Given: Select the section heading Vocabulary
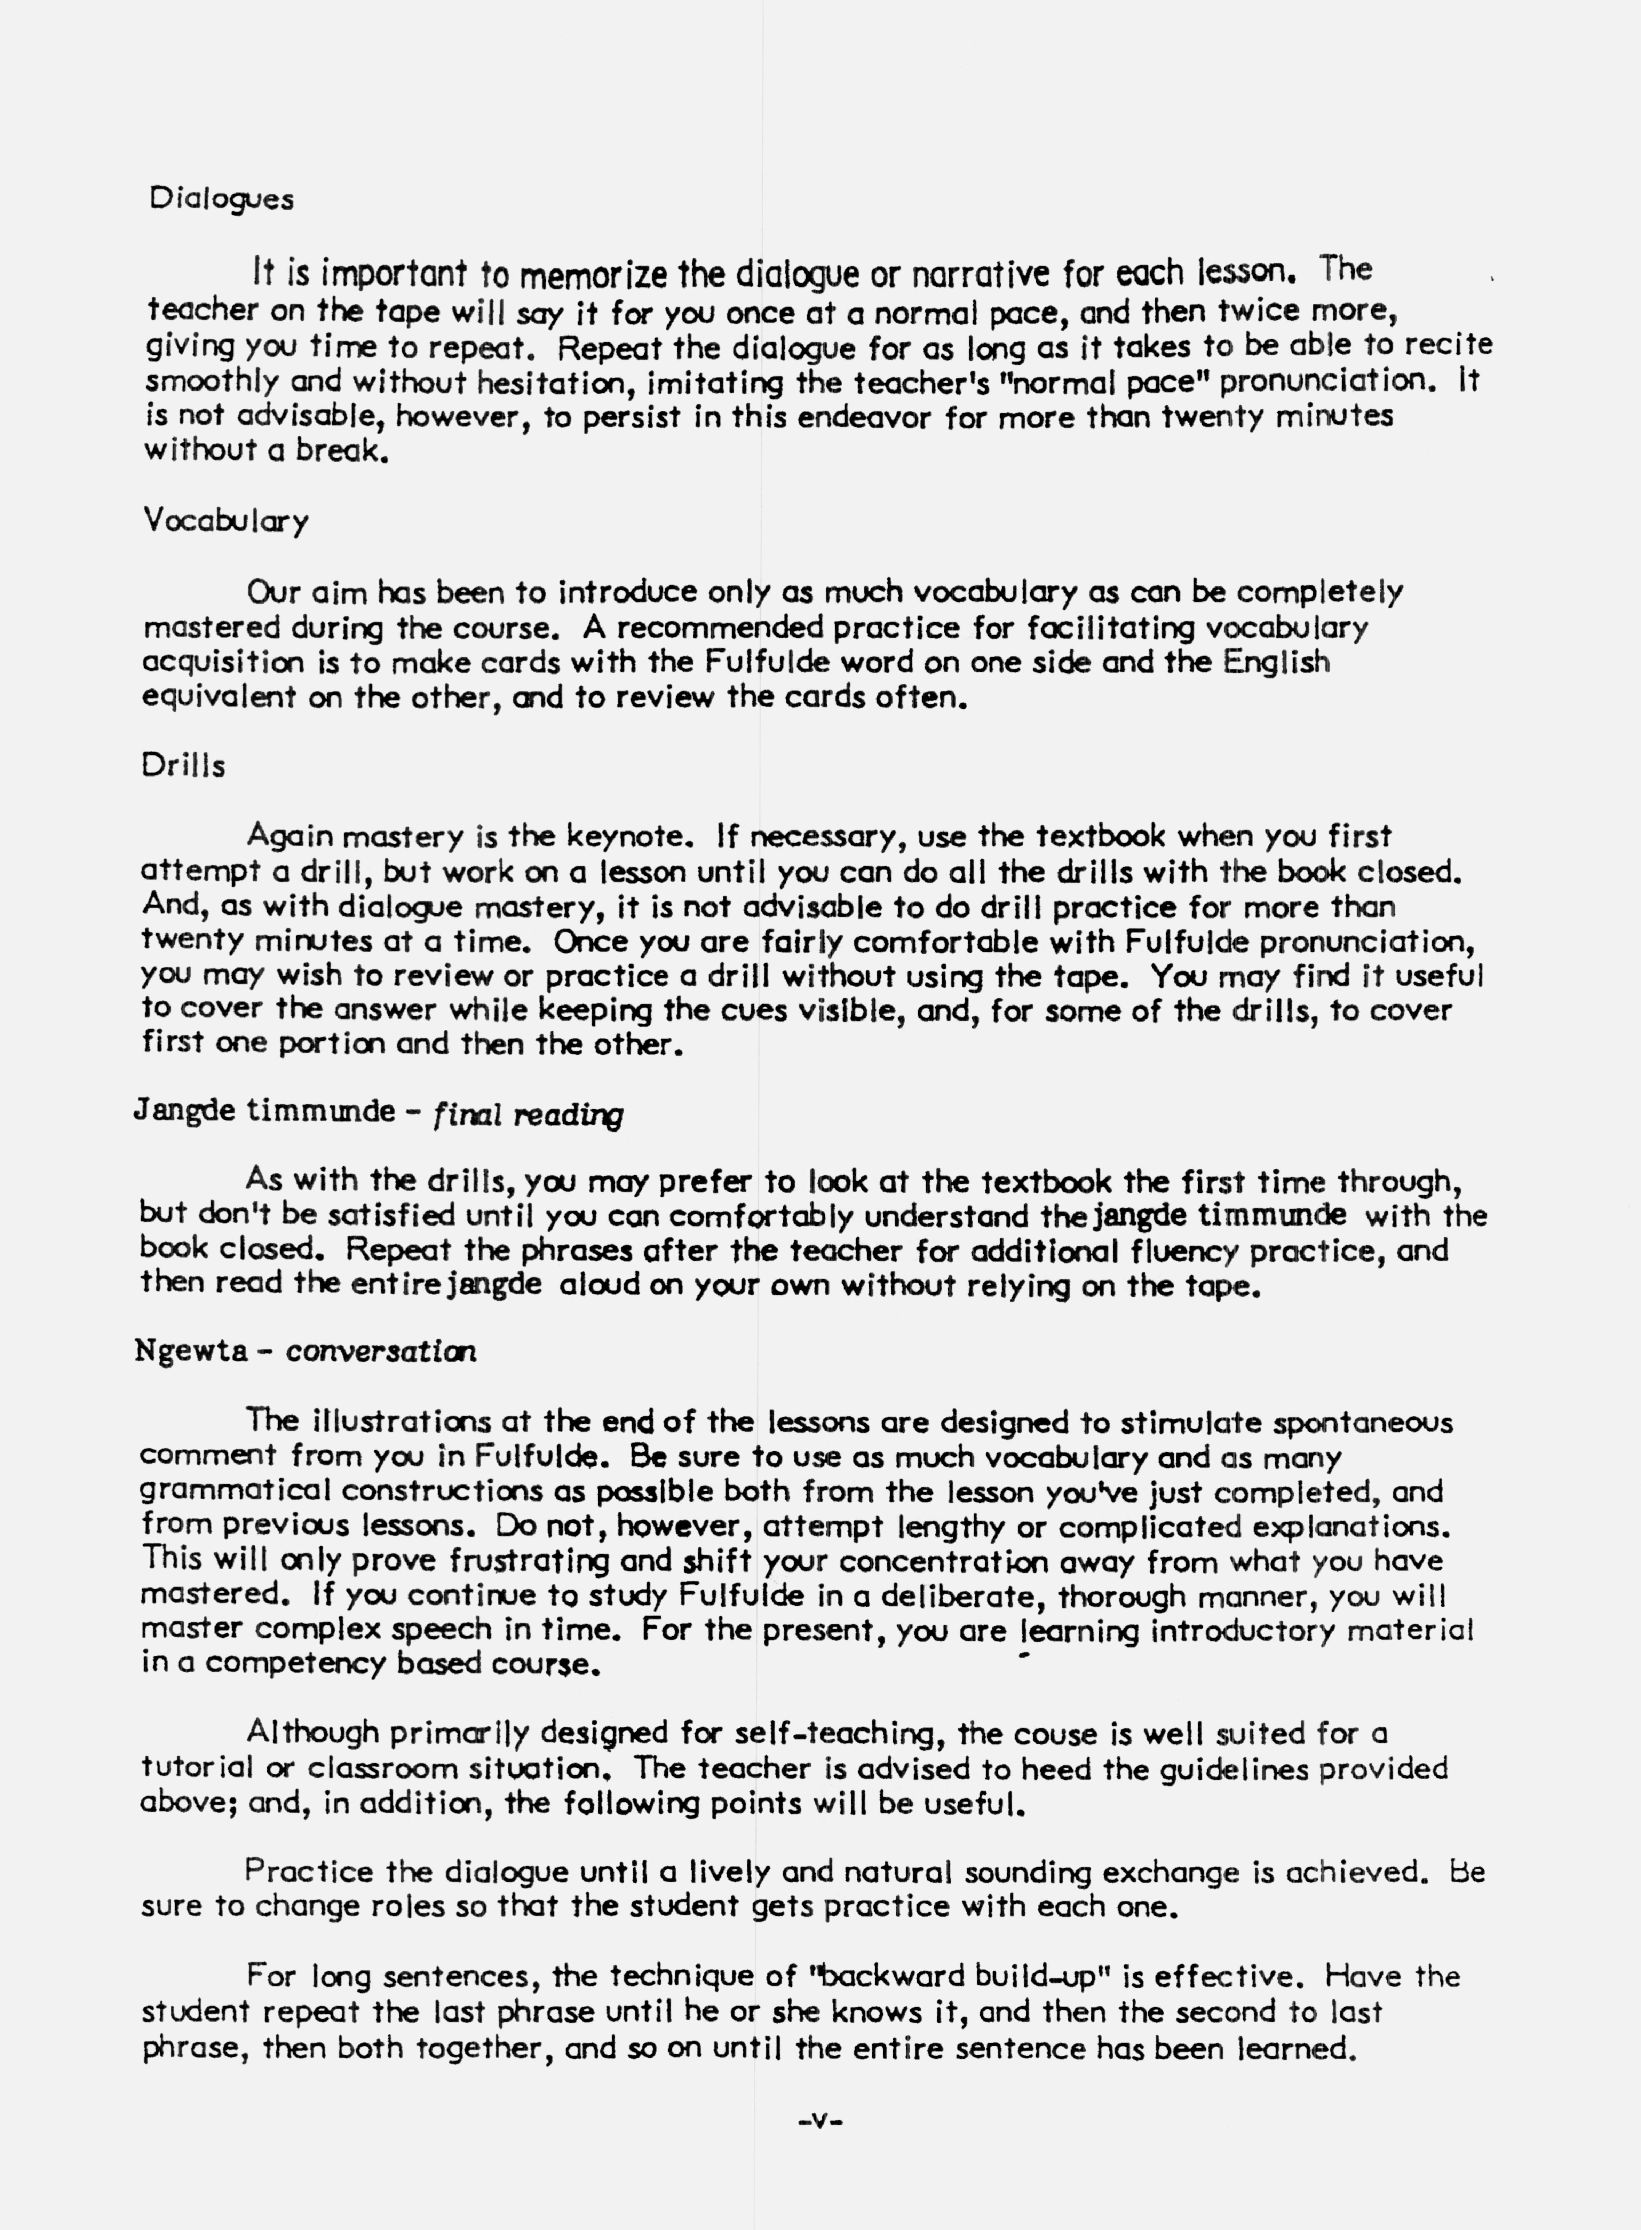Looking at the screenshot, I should (225, 520).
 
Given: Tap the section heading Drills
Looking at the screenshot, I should (184, 766).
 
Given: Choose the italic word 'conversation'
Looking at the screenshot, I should (381, 1352).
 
